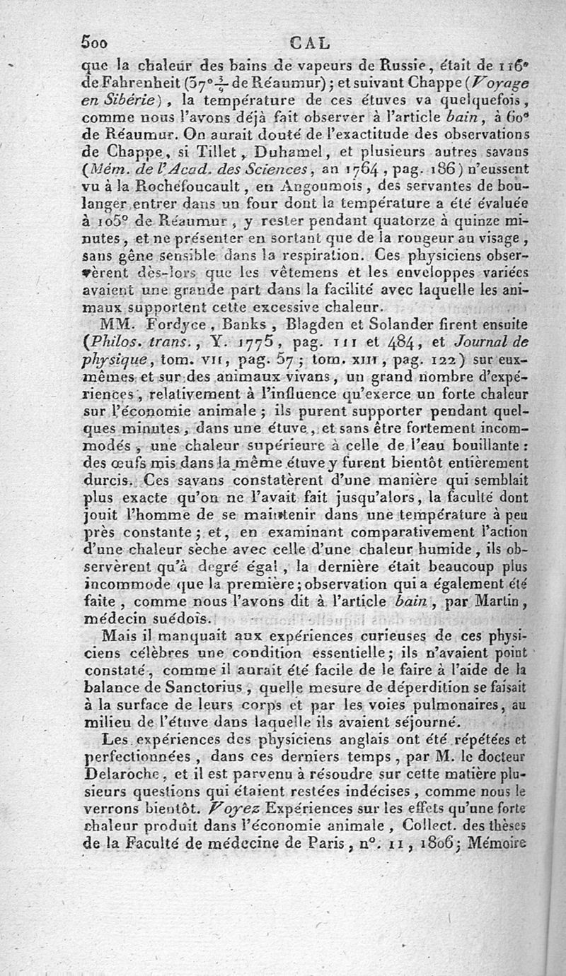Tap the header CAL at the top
point(310,42)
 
